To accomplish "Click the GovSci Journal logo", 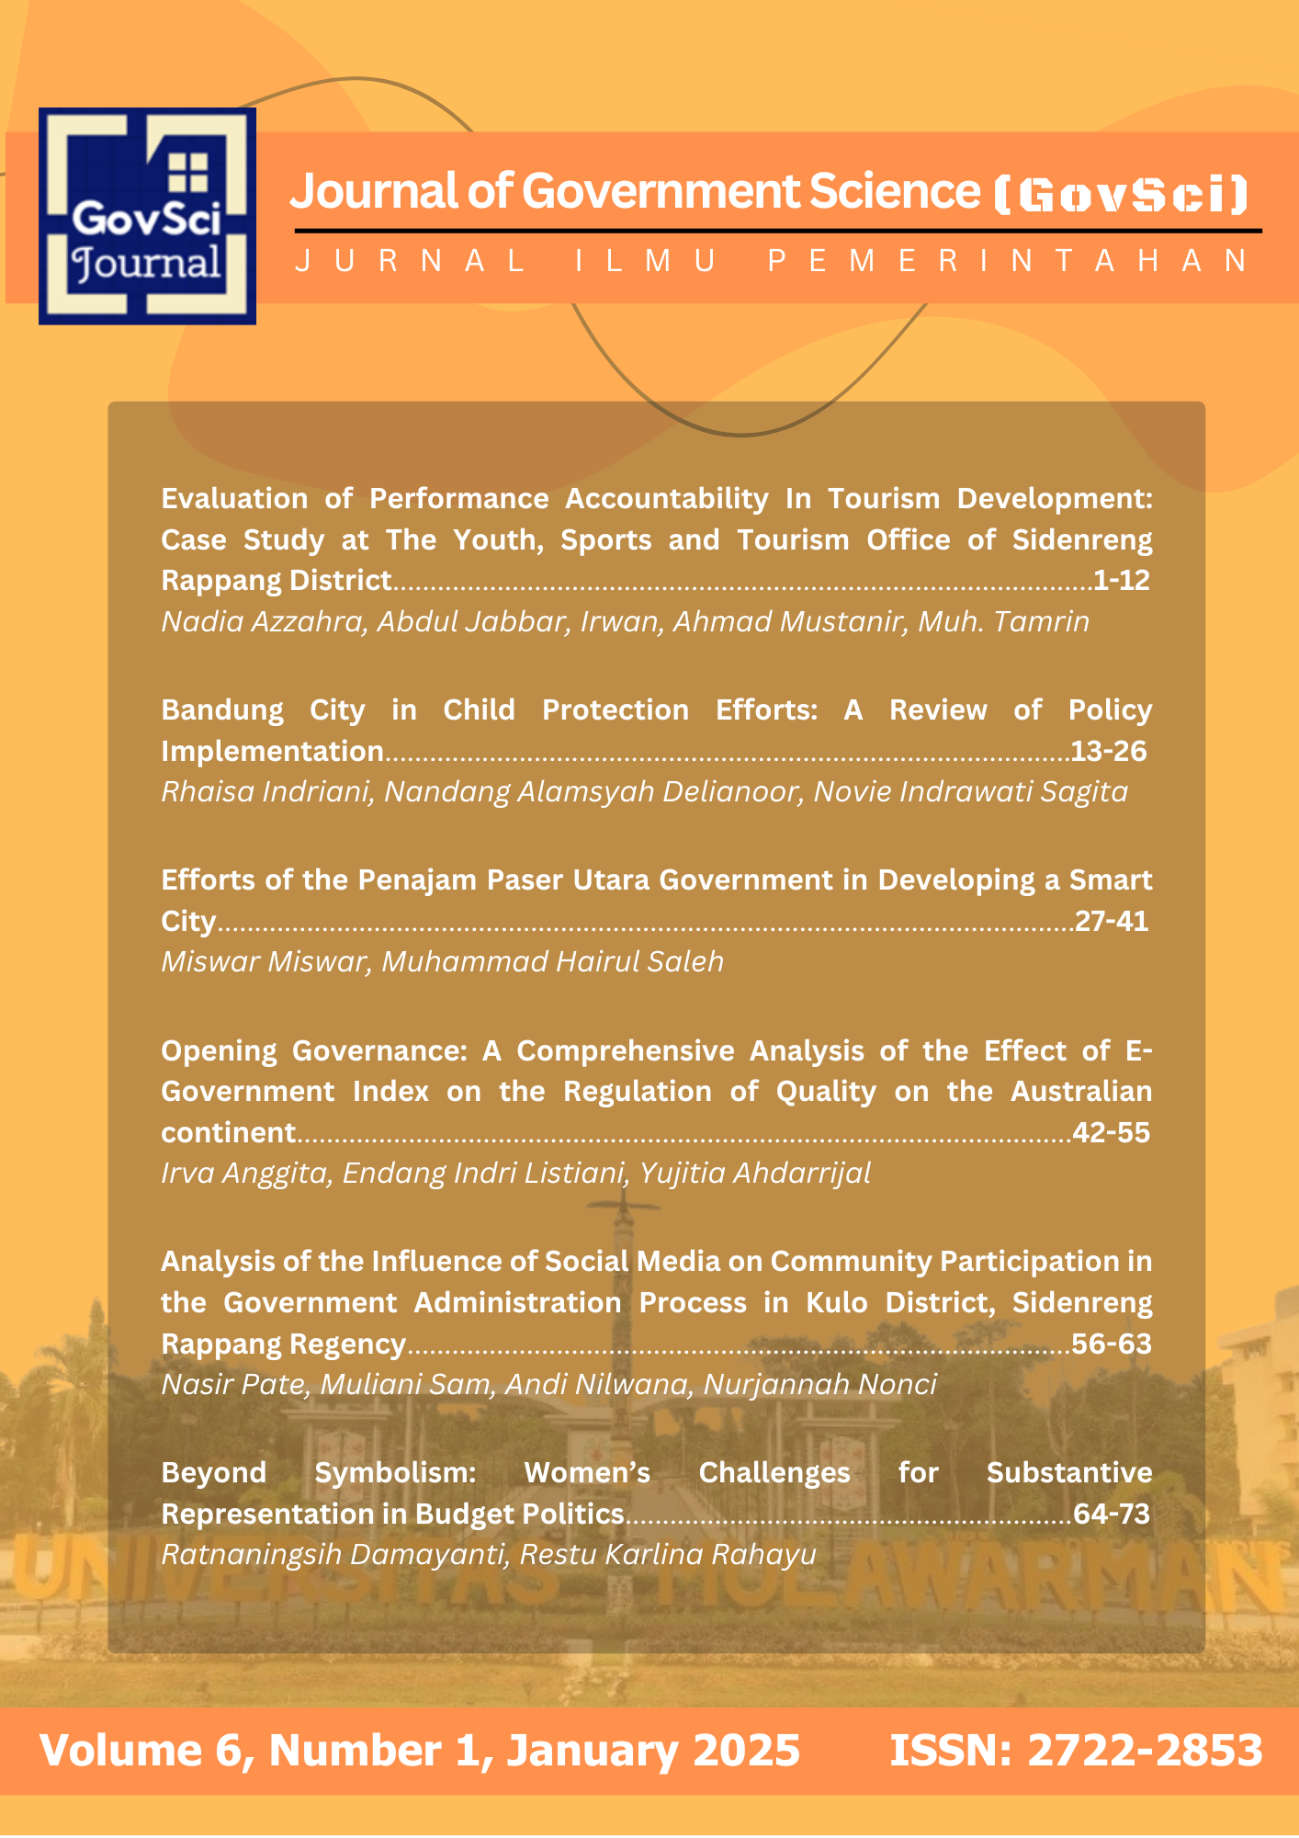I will (147, 216).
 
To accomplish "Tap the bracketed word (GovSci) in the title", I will (1122, 194).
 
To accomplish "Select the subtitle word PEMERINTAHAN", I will (1008, 261).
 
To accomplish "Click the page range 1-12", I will (1121, 581).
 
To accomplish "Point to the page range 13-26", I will (1109, 752).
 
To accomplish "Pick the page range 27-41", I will (1112, 921).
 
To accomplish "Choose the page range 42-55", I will (1111, 1132).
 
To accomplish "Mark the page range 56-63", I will (1111, 1344).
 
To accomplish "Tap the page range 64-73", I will (1111, 1514).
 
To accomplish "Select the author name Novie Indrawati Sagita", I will (970, 792).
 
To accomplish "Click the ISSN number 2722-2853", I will (1145, 1751).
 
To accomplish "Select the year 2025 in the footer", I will (746, 1751).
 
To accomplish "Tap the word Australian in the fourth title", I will (1080, 1092).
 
